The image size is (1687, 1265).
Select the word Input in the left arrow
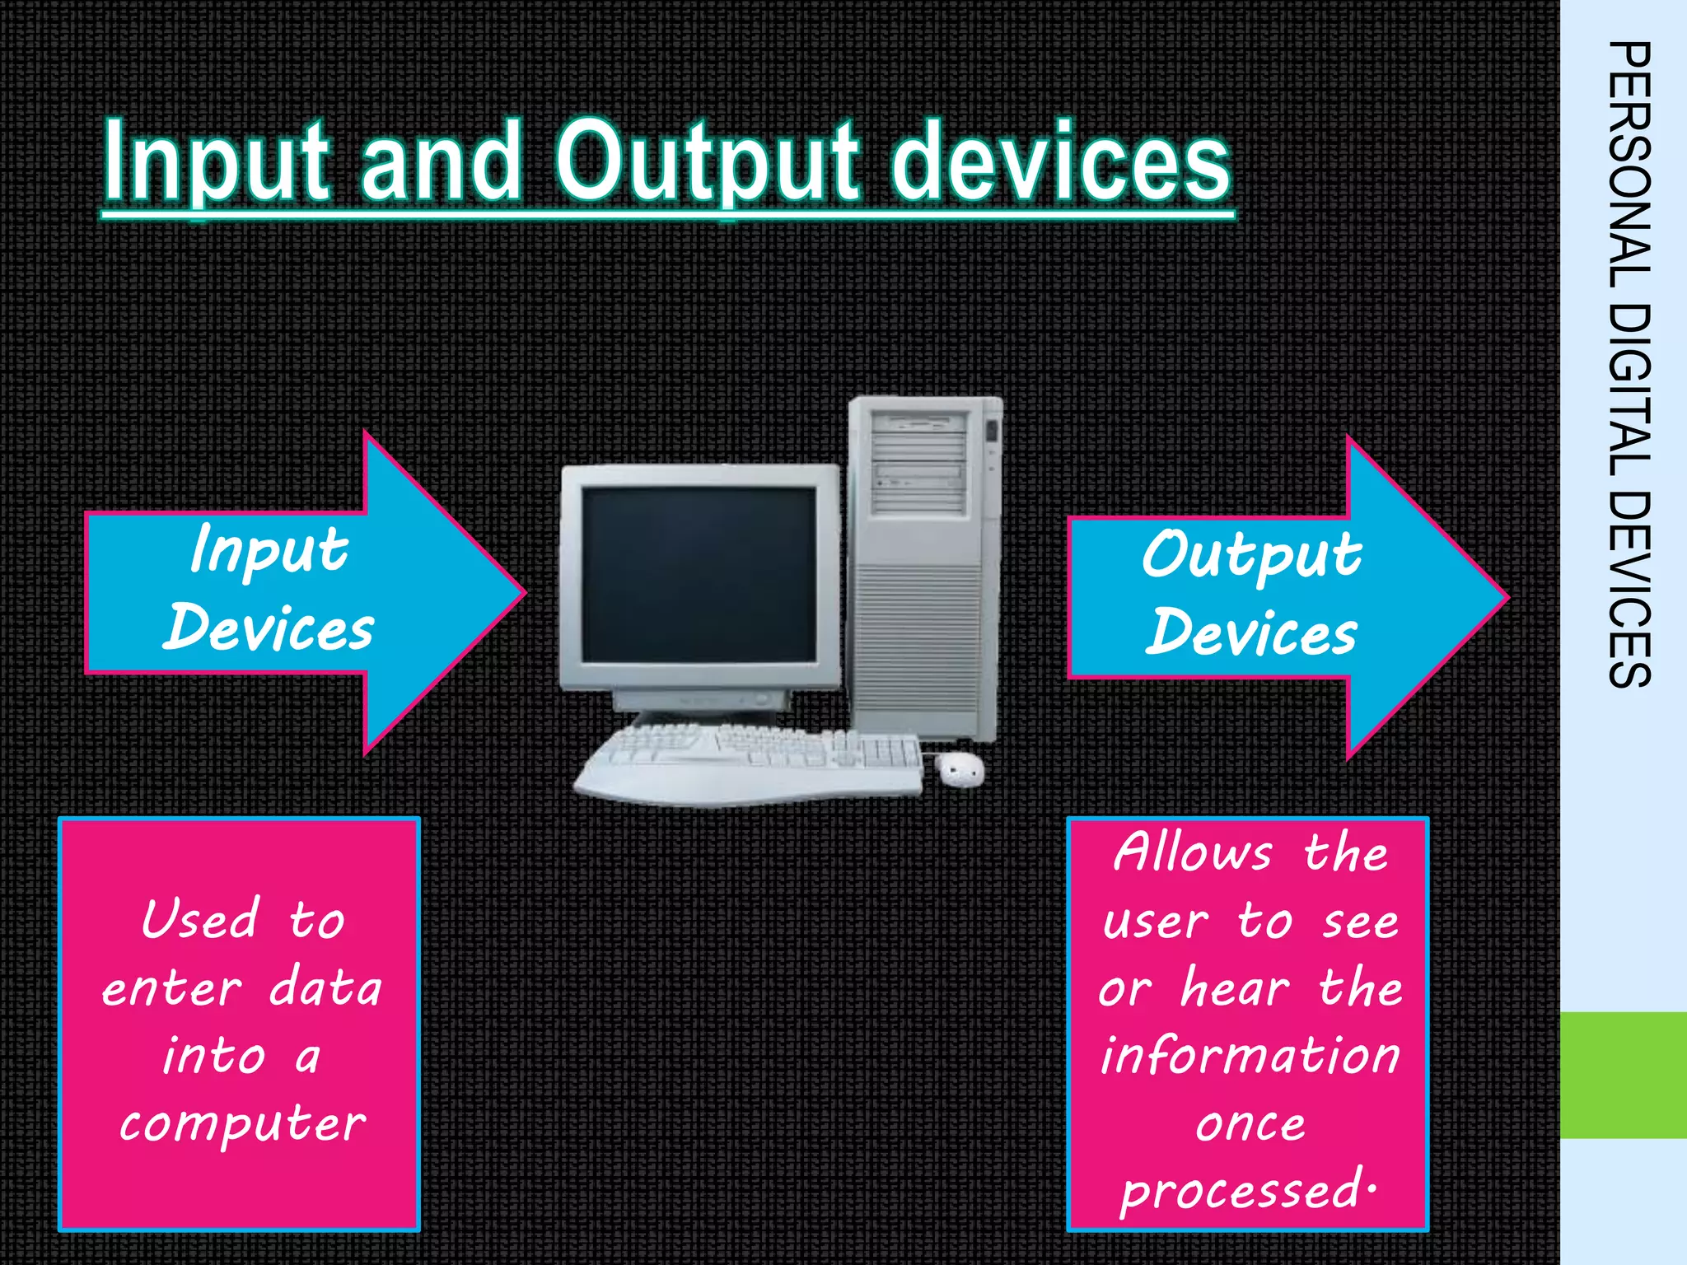point(269,550)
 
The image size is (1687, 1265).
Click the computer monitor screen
point(699,575)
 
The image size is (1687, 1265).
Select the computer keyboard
point(750,762)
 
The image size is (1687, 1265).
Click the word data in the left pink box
point(325,987)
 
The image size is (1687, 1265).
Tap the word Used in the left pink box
point(199,919)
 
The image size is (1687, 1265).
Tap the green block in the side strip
point(1623,1075)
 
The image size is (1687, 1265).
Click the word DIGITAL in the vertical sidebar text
point(1629,387)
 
